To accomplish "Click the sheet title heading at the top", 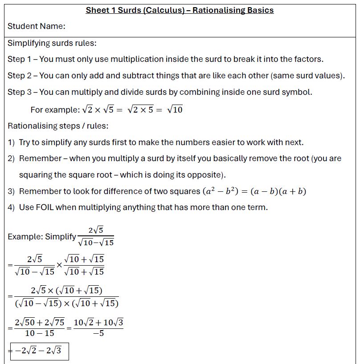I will pyautogui.click(x=180, y=10).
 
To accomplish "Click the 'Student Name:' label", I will pyautogui.click(x=37, y=26).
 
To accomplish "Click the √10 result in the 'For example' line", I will pyautogui.click(x=175, y=109).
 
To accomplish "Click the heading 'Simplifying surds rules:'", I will pyautogui.click(x=52, y=43).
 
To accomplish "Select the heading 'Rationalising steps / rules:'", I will pyautogui.click(x=58, y=126).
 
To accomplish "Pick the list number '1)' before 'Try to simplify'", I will pyautogui.click(x=12, y=142).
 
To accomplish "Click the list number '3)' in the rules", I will pyautogui.click(x=12, y=191).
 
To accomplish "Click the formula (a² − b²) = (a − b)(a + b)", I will pyautogui.click(x=254, y=191).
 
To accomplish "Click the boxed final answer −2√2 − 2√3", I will pyautogui.click(x=39, y=351).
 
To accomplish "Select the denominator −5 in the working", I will pyautogui.click(x=98, y=333).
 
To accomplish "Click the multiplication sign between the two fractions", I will pyautogui.click(x=60, y=265).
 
